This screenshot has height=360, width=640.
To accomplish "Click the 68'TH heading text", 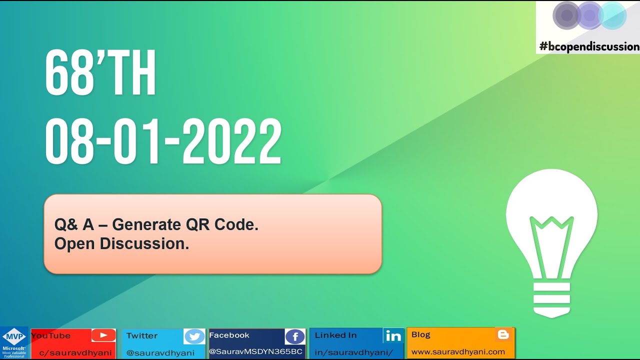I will point(100,73).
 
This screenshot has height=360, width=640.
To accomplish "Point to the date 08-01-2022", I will point(163,142).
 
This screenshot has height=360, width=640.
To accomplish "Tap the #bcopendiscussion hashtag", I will point(589,46).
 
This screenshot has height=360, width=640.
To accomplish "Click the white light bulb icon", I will point(551,240).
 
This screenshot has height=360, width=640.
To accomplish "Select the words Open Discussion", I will point(121,244).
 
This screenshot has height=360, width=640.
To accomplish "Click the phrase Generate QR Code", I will point(185,225).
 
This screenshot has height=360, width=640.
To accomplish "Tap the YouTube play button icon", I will point(103,335).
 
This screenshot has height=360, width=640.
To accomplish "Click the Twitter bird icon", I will point(194,336).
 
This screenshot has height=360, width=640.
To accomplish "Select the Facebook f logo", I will point(294,336).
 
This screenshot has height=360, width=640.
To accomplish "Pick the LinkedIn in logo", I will point(393,336).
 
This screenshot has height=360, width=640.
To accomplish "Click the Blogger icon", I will point(503,335).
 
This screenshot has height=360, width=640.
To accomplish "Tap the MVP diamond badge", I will point(14,336).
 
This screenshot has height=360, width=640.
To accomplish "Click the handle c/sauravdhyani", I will point(75,352).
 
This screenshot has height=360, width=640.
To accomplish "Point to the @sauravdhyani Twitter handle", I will point(160,352).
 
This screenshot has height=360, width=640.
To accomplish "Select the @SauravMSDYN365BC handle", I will point(255,351).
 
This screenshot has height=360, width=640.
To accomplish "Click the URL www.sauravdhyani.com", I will point(458,351).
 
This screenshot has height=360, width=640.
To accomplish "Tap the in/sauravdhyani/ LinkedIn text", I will point(353,352).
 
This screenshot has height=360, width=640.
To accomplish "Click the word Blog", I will point(420,334).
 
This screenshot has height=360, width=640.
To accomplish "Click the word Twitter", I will point(141,335).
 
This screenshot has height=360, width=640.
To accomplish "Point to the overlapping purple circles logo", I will point(589,16).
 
